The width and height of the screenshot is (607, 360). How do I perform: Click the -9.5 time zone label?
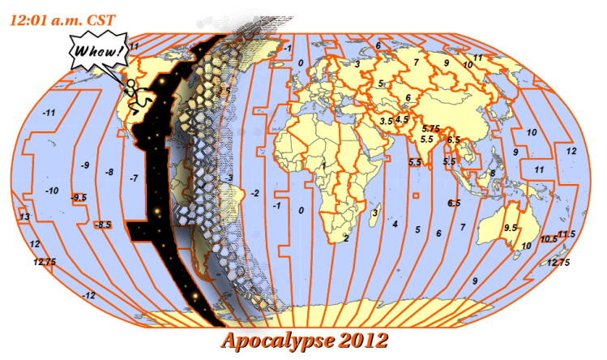click(79, 197)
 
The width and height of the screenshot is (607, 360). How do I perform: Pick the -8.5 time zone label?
click(103, 224)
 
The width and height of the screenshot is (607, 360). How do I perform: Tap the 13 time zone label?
click(24, 216)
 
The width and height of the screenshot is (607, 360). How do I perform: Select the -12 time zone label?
click(89, 295)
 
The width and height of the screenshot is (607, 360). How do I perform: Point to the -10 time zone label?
click(52, 191)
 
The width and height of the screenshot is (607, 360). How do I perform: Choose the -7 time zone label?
click(134, 177)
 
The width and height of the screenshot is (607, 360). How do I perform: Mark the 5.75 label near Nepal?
click(430, 128)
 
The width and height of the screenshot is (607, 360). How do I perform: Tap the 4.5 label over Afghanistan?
click(403, 118)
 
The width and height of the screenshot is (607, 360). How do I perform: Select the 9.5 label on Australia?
click(511, 228)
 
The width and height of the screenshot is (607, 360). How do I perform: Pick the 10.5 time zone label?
click(549, 238)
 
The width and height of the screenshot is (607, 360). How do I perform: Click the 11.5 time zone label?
click(566, 234)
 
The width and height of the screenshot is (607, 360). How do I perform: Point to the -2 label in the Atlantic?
click(255, 193)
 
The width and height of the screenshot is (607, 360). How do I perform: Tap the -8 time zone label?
click(109, 171)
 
